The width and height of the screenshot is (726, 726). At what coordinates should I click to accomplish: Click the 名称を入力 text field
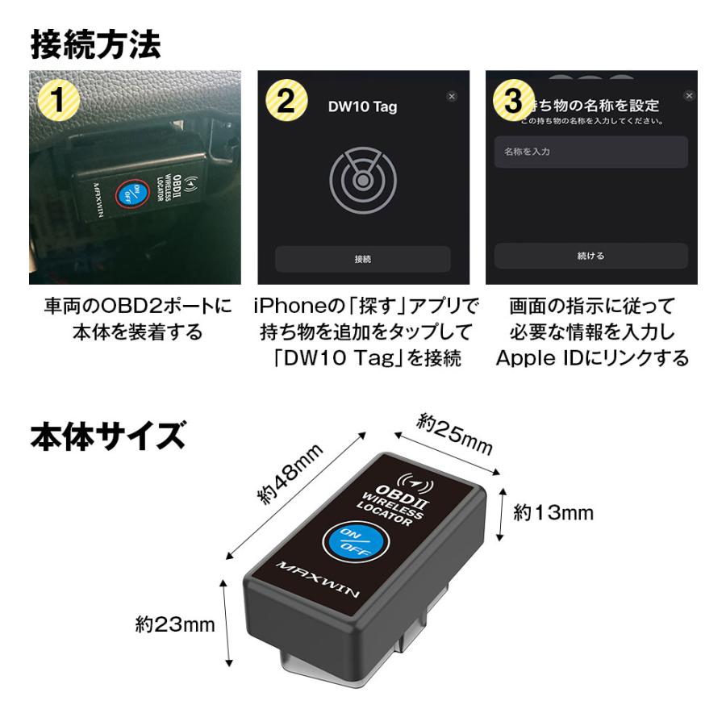(x=590, y=152)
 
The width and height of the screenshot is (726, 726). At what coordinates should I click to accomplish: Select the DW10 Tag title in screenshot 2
(x=362, y=106)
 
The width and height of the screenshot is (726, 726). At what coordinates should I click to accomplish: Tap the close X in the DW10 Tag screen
(x=451, y=96)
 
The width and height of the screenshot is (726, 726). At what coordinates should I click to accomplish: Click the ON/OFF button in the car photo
(x=127, y=196)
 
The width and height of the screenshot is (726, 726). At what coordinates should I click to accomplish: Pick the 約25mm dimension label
(x=454, y=434)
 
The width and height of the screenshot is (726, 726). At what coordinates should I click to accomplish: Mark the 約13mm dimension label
(x=553, y=512)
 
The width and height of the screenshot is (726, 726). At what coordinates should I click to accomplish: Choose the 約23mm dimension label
(x=174, y=624)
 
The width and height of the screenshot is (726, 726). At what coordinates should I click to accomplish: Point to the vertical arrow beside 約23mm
(x=229, y=623)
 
